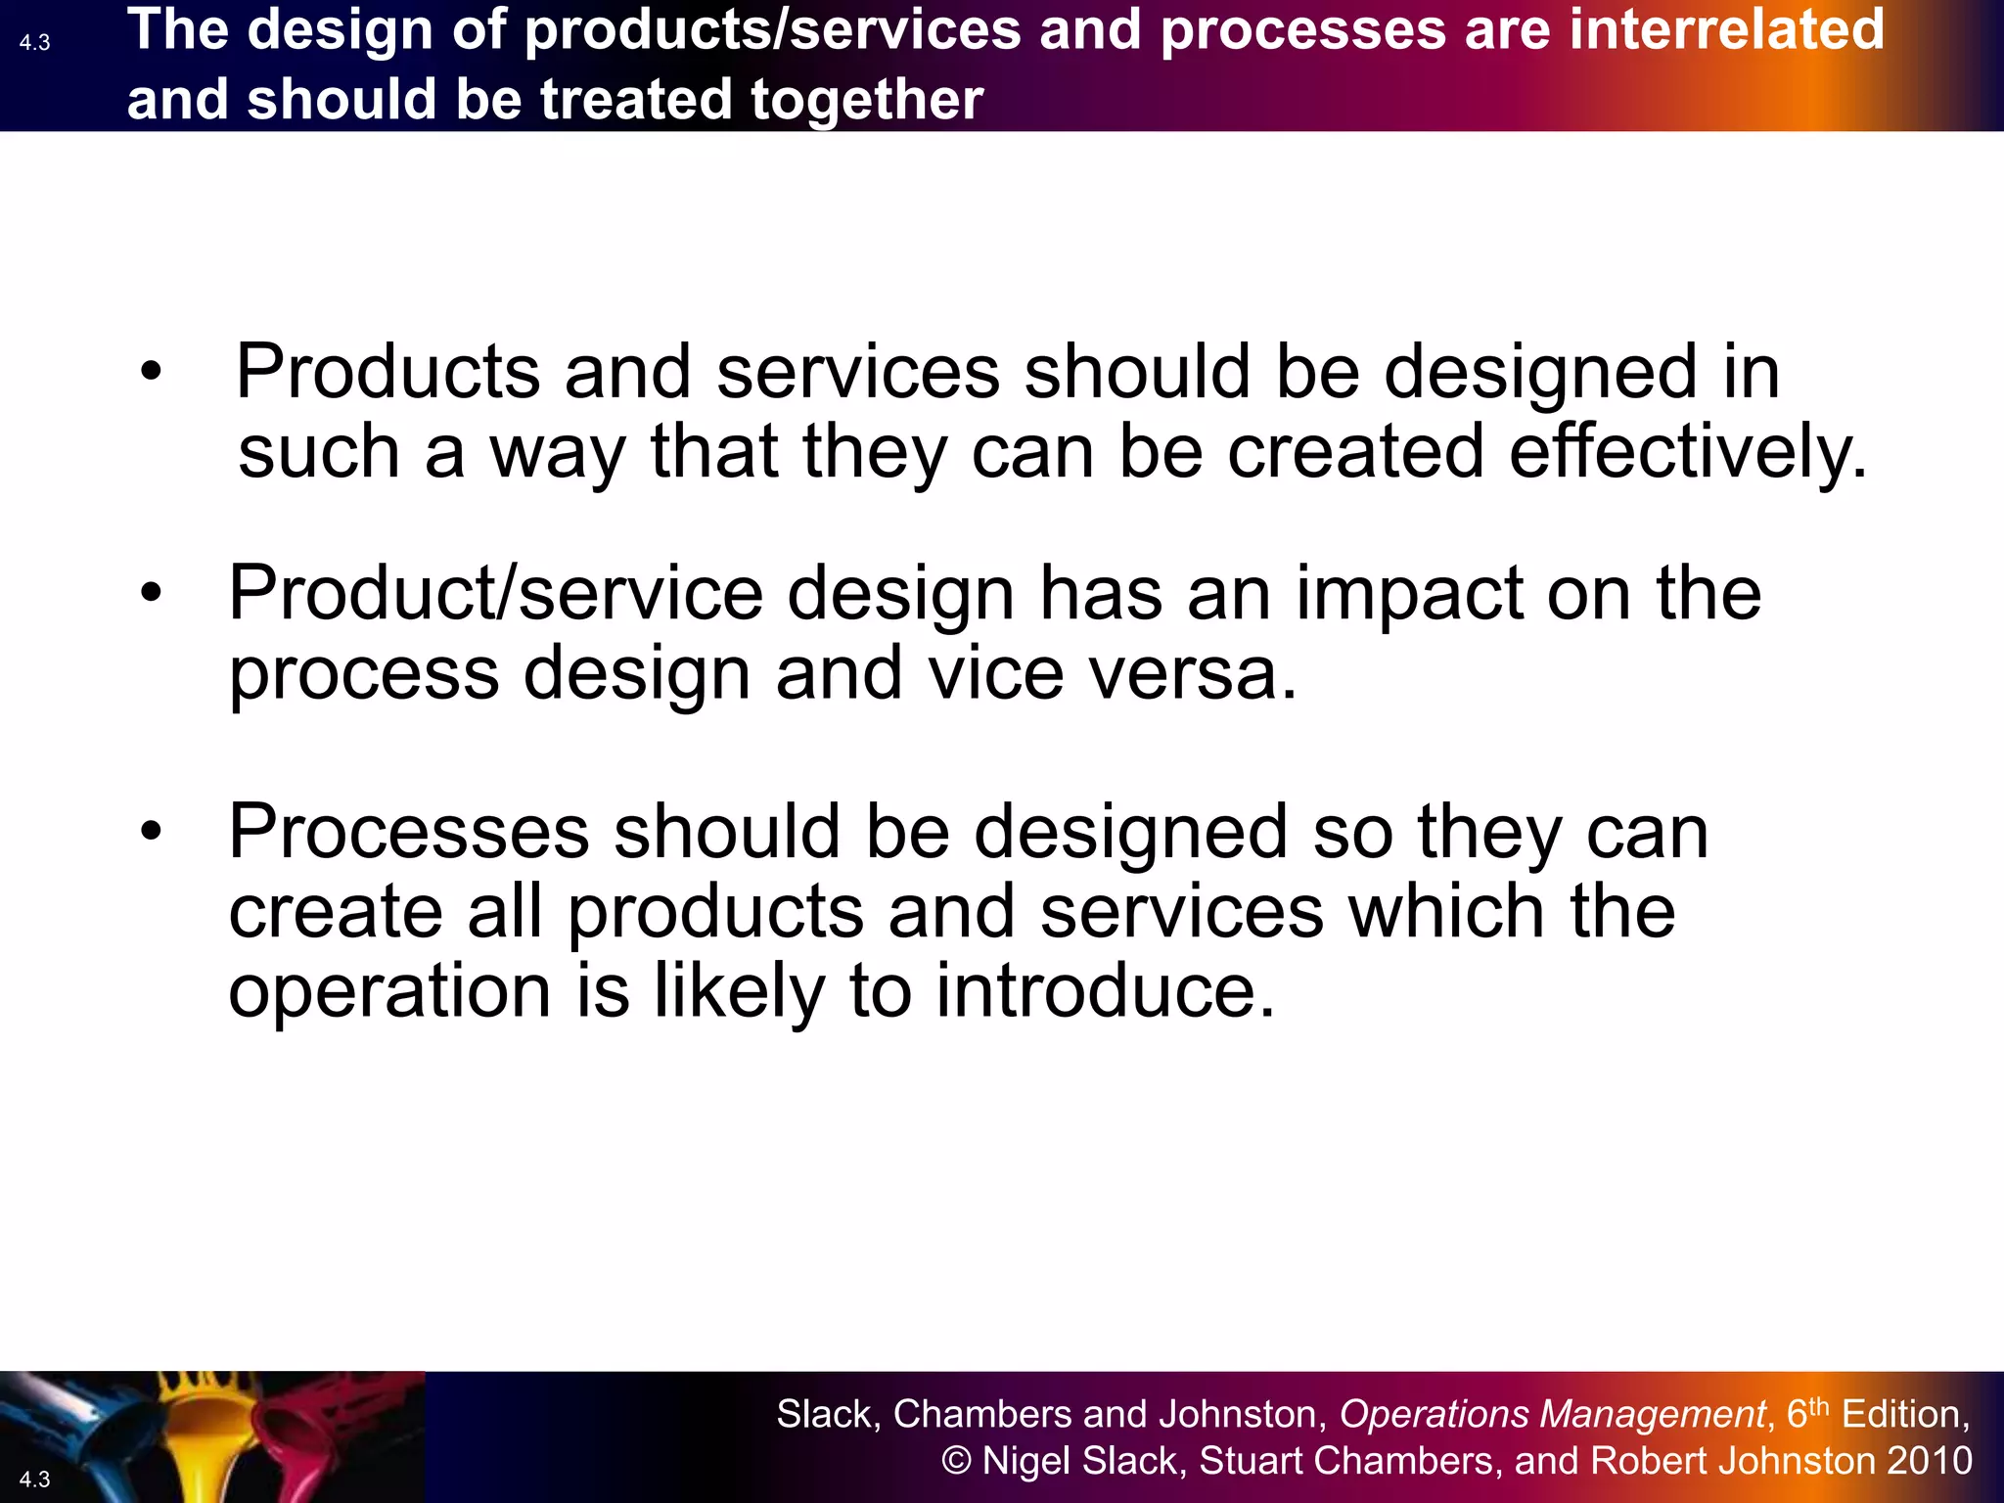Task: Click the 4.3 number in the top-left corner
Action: pyautogui.click(x=34, y=42)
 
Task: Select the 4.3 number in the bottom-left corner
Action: pyautogui.click(x=34, y=1479)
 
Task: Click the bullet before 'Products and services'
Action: pyautogui.click(x=150, y=372)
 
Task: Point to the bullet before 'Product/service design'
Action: pyautogui.click(x=150, y=592)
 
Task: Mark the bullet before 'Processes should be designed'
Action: pyautogui.click(x=150, y=831)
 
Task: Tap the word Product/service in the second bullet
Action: pyautogui.click(x=495, y=593)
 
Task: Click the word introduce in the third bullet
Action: pyautogui.click(x=1105, y=990)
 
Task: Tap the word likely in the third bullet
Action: pyautogui.click(x=740, y=992)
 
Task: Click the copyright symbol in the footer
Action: pyautogui.click(x=956, y=1461)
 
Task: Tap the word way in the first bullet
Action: pyautogui.click(x=557, y=454)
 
